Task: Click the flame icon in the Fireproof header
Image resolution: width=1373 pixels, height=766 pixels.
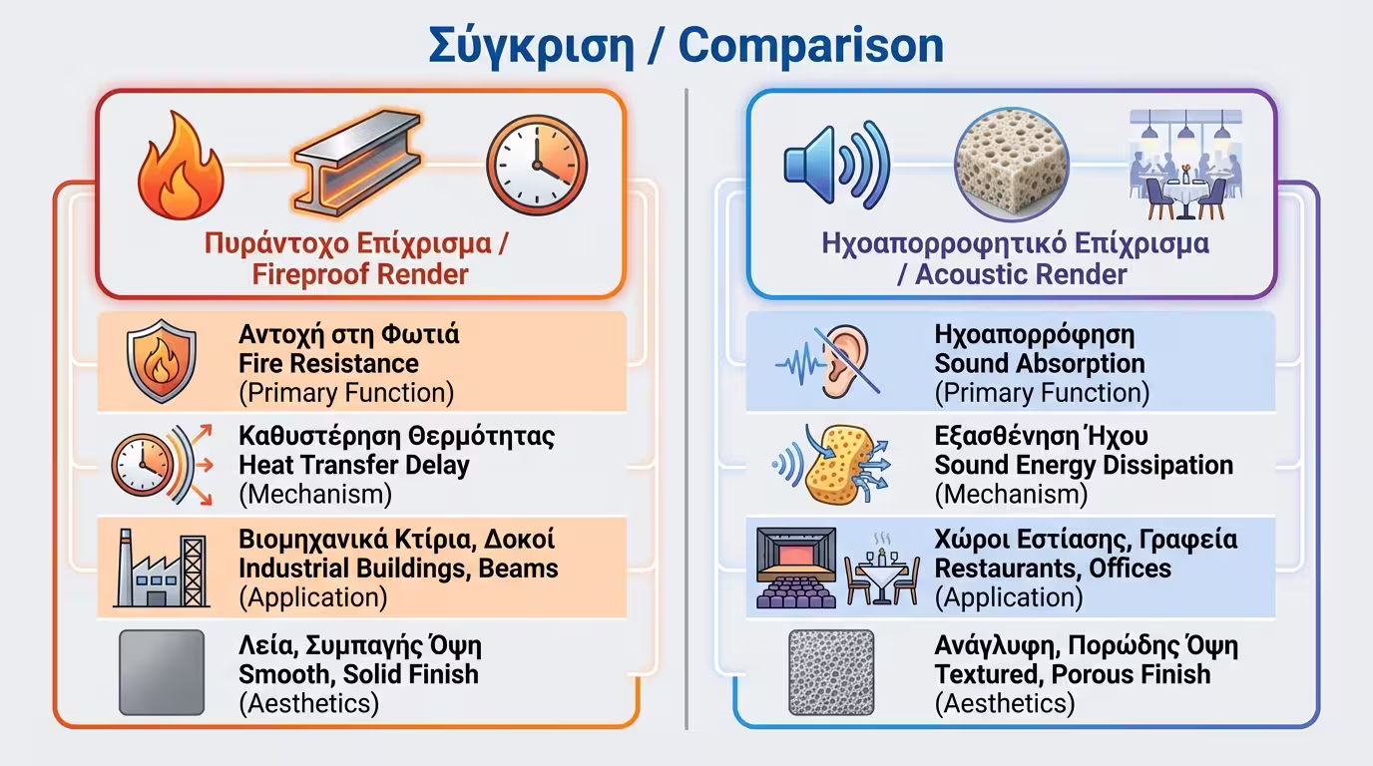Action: tap(181, 165)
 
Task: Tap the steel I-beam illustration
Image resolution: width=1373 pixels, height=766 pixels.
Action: tap(356, 166)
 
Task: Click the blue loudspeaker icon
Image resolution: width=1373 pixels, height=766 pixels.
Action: tap(835, 163)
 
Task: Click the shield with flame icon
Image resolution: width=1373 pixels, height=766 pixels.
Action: tap(162, 361)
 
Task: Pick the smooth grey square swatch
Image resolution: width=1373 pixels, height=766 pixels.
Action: tap(162, 671)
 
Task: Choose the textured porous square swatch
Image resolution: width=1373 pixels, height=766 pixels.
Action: tap(831, 671)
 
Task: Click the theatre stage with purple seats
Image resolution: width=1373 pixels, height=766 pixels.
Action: tap(795, 568)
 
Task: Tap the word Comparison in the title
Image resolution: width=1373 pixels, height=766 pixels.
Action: tap(811, 46)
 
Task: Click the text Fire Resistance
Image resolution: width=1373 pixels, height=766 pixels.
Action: tap(328, 363)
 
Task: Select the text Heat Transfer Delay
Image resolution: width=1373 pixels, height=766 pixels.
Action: tap(354, 465)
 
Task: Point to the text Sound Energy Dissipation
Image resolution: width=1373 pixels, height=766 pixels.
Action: tap(1084, 465)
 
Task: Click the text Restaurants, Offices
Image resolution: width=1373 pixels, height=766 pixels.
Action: tap(1053, 569)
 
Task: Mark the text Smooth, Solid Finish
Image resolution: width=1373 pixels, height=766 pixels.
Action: tap(358, 673)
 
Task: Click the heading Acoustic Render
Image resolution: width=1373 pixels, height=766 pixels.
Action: tap(1020, 274)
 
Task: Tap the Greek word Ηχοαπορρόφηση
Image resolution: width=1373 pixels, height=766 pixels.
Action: tap(1034, 334)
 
